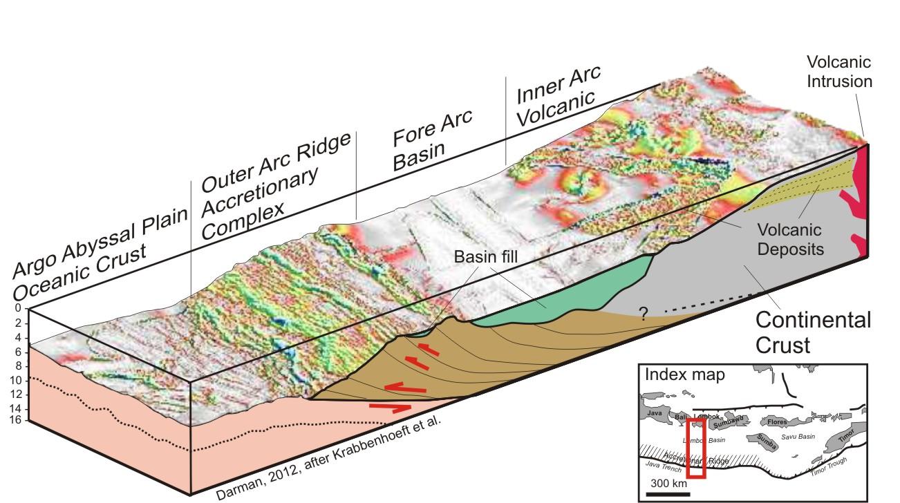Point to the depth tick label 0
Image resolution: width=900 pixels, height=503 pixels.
[18, 309]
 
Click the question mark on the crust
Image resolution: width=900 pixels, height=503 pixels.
[643, 314]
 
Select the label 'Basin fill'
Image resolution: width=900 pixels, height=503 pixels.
[486, 257]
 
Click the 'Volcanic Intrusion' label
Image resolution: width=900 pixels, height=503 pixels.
[840, 72]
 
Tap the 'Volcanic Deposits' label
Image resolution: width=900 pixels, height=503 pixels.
[790, 239]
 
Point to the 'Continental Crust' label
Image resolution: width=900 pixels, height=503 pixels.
[812, 332]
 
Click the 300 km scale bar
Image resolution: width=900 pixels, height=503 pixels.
[668, 493]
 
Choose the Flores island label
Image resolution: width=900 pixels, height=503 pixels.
[773, 421]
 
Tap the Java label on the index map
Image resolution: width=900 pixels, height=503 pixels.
[655, 413]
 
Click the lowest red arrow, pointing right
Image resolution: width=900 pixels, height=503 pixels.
[391, 408]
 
